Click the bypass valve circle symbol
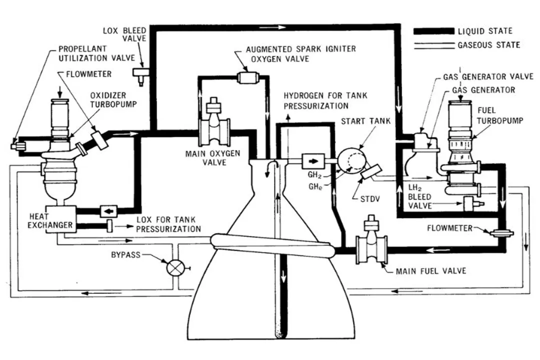pyautogui.click(x=174, y=268)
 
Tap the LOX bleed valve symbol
pyautogui.click(x=139, y=74)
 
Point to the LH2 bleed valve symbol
pyautogui.click(x=469, y=204)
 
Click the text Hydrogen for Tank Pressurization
pyautogui.click(x=316, y=100)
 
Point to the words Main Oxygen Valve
pyautogui.click(x=206, y=158)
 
